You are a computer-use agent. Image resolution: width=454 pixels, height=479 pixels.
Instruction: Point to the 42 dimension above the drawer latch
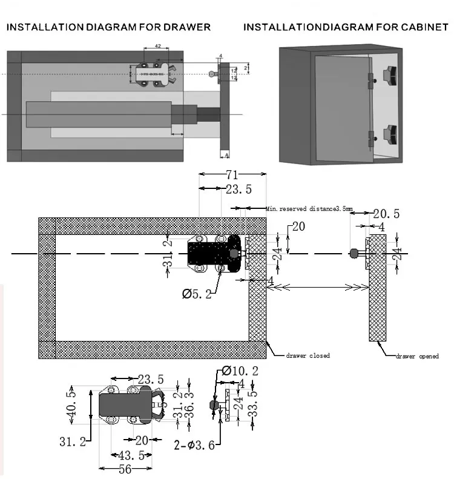157,46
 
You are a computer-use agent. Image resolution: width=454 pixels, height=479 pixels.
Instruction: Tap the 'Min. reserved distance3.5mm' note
309,209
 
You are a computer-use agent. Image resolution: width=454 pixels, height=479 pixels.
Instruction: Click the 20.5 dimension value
386,214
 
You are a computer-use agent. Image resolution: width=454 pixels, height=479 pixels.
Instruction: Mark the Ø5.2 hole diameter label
197,294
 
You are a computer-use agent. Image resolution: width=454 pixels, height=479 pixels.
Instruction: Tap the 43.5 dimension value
131,455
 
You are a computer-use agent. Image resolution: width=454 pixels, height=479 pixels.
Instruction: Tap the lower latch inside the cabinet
387,133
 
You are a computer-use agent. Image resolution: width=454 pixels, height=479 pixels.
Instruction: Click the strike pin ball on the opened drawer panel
353,254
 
